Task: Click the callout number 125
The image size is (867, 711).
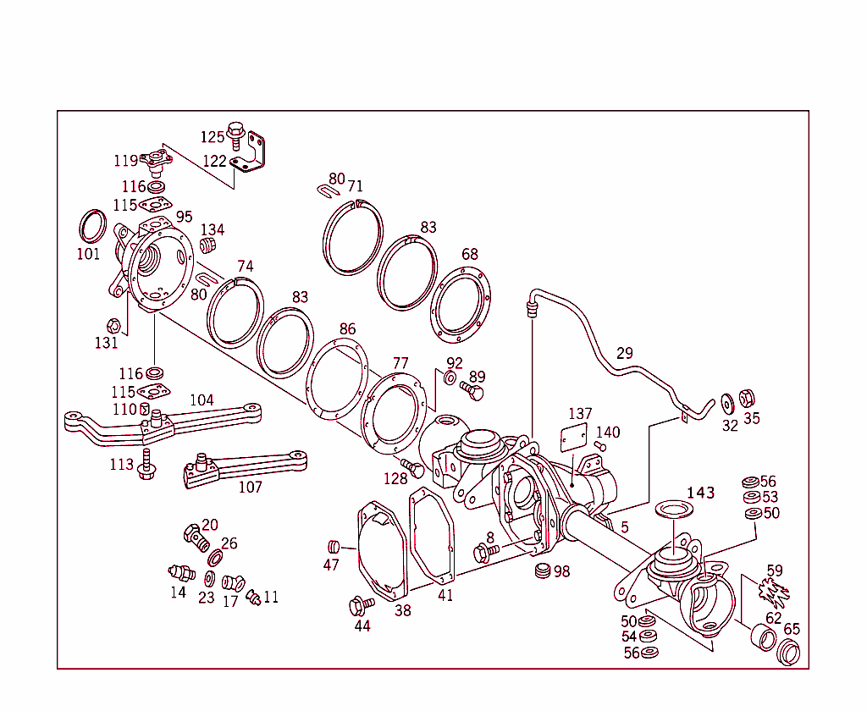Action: point(213,136)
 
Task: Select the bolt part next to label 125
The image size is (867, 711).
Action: point(236,135)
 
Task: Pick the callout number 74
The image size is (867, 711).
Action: point(245,266)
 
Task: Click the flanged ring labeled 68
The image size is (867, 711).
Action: point(461,305)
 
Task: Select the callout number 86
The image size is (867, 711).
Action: point(347,328)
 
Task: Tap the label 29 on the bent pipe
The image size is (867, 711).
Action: point(624,353)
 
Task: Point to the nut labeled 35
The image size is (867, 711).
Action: point(747,398)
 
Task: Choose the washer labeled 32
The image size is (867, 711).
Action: point(727,400)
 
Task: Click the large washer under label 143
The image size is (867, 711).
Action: point(676,511)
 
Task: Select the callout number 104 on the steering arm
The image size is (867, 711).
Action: point(202,400)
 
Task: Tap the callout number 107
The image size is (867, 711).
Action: point(250,487)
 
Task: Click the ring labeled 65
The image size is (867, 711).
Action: point(789,653)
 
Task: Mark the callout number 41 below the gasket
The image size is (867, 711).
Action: point(445,595)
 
